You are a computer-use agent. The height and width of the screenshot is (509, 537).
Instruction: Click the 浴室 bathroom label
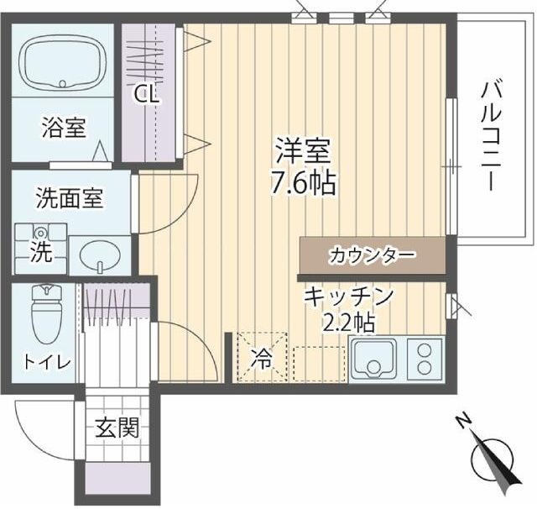64,129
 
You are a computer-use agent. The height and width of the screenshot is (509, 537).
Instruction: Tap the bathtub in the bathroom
61,65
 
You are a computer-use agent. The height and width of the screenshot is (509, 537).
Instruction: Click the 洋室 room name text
305,151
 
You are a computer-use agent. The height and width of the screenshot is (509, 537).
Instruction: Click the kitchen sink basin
375,359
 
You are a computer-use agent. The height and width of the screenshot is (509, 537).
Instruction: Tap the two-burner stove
425,358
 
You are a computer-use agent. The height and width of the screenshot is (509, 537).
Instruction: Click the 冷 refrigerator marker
262,359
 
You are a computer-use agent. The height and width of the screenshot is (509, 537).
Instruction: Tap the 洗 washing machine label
39,254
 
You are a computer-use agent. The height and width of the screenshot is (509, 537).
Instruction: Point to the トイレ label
47,363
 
